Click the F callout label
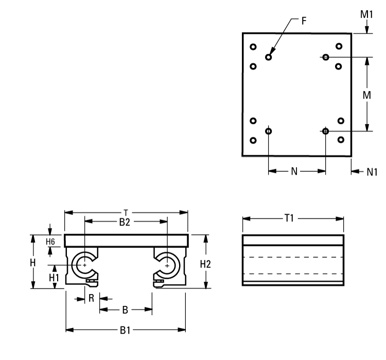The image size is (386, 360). [304, 21]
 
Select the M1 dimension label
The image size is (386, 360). [366, 14]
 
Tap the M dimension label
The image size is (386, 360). [366, 95]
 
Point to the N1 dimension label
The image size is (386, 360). [372, 172]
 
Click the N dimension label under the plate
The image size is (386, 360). [294, 171]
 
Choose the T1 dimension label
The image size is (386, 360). [289, 219]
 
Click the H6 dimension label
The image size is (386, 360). [50, 241]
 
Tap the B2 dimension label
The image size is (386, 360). [125, 222]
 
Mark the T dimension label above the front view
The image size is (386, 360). [126, 211]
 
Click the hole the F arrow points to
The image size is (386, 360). [269, 57]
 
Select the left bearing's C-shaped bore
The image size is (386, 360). [84, 265]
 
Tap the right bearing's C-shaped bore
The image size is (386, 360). [167, 265]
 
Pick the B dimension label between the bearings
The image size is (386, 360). [125, 310]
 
